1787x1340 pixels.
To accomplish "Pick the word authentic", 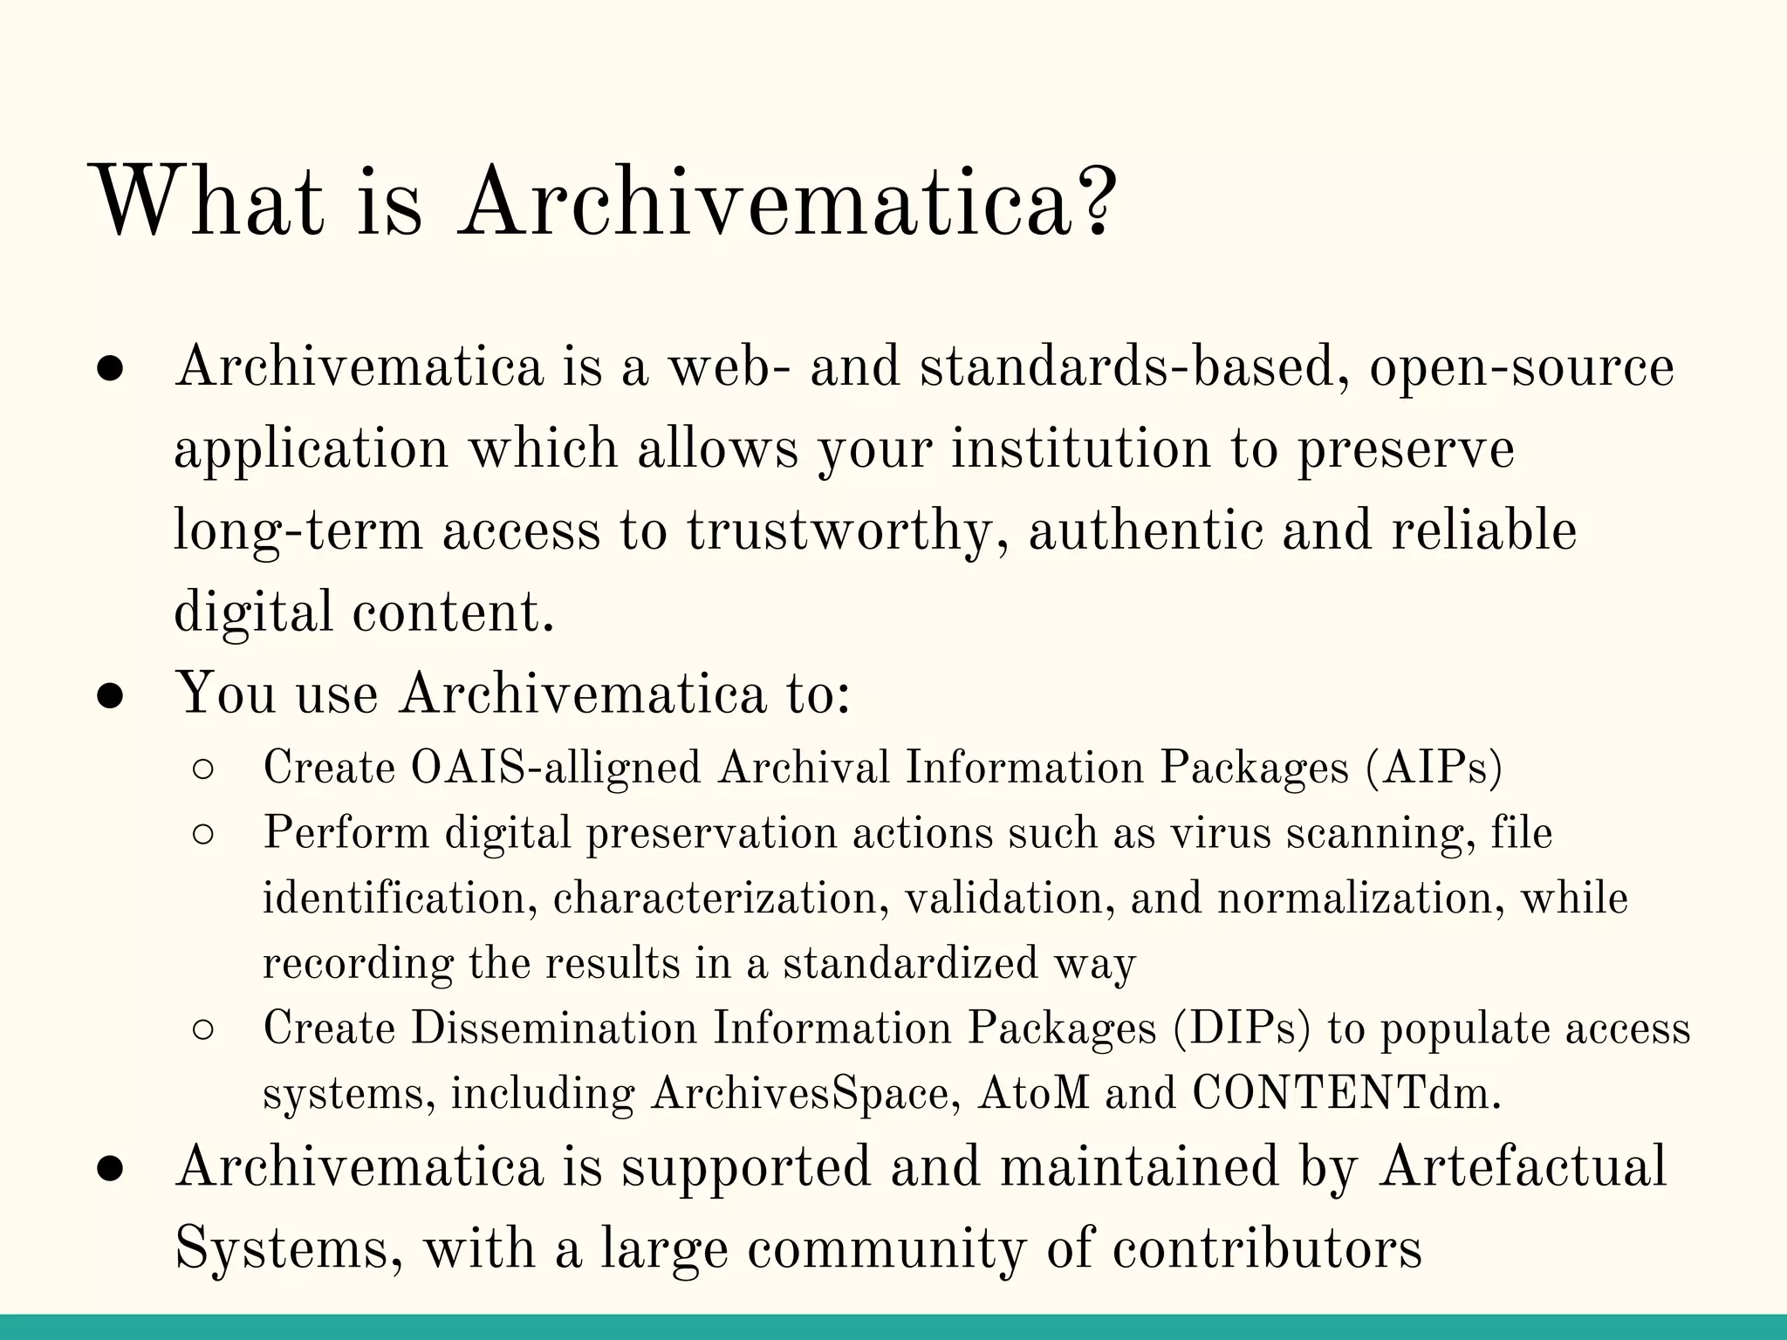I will point(1146,531).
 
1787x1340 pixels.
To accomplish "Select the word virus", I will point(1220,833).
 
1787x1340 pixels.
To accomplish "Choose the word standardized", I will point(910,964).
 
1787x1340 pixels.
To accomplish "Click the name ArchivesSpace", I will point(799,1094).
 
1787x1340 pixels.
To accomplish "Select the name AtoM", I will point(1034,1094).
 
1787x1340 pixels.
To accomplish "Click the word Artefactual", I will point(1523,1167).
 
